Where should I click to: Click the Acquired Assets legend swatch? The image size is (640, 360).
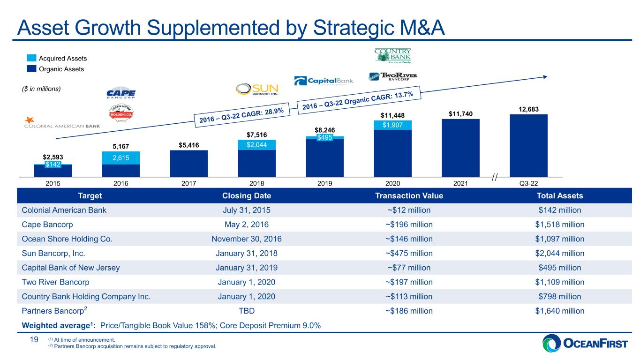point(31,58)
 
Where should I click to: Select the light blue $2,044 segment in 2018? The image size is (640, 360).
point(256,145)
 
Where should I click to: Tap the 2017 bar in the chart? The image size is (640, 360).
point(188,164)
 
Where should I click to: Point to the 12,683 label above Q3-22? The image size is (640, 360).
point(528,109)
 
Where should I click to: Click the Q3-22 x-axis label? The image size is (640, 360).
point(528,183)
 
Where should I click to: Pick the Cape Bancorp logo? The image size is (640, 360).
point(121,92)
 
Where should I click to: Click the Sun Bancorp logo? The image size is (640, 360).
point(257,89)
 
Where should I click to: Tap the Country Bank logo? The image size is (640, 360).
point(392,55)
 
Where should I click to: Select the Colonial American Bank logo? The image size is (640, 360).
point(62,123)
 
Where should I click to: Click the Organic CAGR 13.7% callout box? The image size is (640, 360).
point(359,100)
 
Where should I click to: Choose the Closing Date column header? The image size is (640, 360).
point(247,196)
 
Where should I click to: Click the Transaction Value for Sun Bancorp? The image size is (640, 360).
point(409,254)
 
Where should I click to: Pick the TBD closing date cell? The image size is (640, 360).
point(247,311)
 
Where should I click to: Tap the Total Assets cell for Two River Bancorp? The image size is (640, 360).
point(560,282)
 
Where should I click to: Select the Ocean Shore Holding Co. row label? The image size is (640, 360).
point(67,239)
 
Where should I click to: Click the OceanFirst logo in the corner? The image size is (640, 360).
point(585,343)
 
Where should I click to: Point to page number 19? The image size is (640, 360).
point(34,339)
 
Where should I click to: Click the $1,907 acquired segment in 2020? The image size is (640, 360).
point(392,125)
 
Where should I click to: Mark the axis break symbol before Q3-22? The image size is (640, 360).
point(495,177)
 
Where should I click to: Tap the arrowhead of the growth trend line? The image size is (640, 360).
point(545,77)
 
